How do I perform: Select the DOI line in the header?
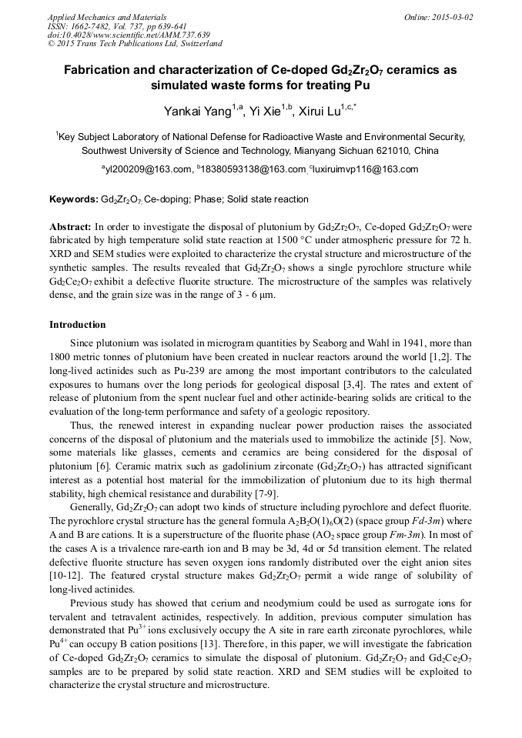pyautogui.click(x=129, y=35)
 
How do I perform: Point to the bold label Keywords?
pyautogui.click(x=74, y=199)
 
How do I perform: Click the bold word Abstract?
pyautogui.click(x=70, y=229)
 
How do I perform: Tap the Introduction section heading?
pyautogui.click(x=78, y=325)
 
